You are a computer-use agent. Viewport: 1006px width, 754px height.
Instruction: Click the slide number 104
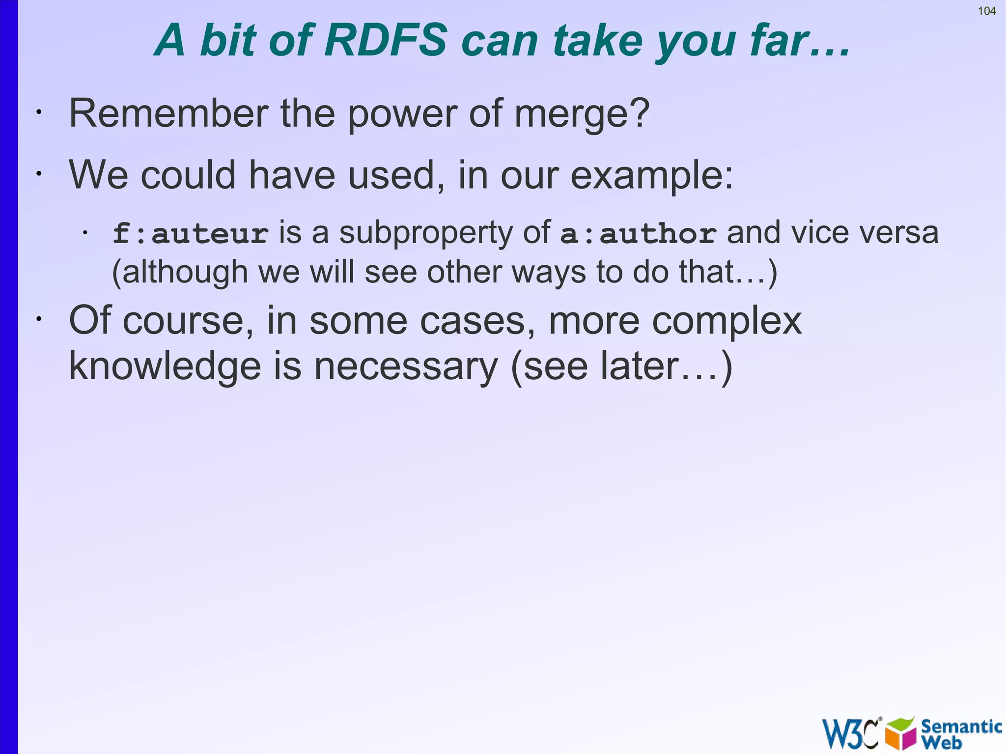point(986,11)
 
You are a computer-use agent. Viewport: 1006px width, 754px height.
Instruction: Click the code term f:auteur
point(190,233)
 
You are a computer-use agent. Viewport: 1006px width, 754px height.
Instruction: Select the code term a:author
point(638,233)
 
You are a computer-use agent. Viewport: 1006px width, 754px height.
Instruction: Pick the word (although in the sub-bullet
point(180,272)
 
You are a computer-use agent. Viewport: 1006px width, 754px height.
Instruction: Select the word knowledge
point(165,366)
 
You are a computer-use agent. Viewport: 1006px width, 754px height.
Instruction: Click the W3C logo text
point(850,733)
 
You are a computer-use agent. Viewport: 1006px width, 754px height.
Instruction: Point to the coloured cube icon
point(901,733)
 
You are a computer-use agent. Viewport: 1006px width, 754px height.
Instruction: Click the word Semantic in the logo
point(961,726)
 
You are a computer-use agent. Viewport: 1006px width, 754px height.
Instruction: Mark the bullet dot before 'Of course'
point(38,319)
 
